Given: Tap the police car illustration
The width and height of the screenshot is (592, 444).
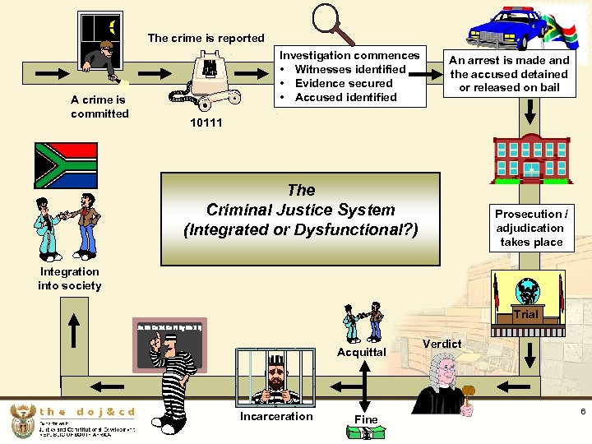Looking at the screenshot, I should pyautogui.click(x=509, y=30).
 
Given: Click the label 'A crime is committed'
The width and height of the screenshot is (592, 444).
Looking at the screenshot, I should pyautogui.click(x=99, y=107).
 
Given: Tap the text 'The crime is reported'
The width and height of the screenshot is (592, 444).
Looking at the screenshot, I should pyautogui.click(x=206, y=38).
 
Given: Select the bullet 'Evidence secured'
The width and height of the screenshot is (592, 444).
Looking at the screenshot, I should pyautogui.click(x=344, y=83).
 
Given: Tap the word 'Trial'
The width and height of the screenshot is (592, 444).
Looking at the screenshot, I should pyautogui.click(x=526, y=314).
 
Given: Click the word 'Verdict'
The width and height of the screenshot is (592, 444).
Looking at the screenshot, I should pyautogui.click(x=442, y=343).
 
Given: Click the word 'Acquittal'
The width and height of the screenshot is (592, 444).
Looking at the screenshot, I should pyautogui.click(x=362, y=352).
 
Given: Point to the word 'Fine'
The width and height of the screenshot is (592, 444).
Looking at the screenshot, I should pyautogui.click(x=366, y=419).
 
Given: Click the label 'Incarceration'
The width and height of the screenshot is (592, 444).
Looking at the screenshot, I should pyautogui.click(x=276, y=416).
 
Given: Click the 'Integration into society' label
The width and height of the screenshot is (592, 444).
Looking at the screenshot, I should pyautogui.click(x=70, y=279).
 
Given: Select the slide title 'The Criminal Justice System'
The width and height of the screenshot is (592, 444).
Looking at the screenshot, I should pyautogui.click(x=300, y=209).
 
